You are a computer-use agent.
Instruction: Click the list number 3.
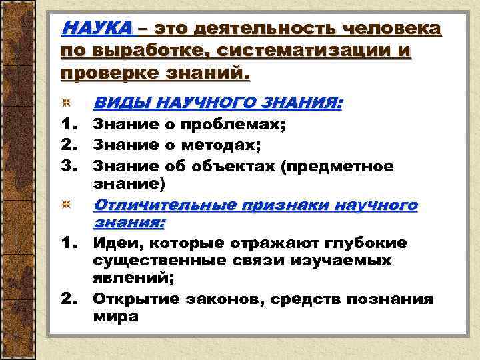click(x=70, y=165)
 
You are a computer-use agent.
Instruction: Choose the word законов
click(x=215, y=299)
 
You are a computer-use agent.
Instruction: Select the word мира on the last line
click(x=115, y=317)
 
